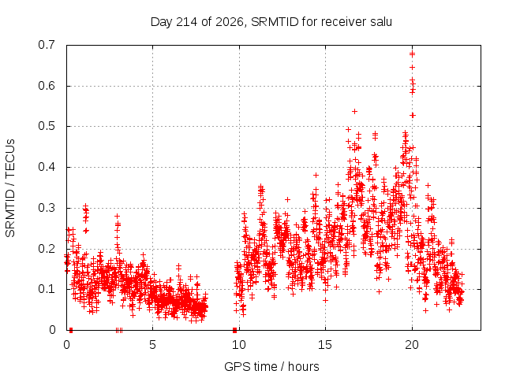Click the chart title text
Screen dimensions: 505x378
pyautogui.click(x=271, y=22)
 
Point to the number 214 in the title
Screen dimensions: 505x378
pyautogui.click(x=187, y=22)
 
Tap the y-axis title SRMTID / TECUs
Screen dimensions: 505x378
pyautogui.click(x=10, y=188)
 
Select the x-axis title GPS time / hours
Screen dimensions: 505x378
pyautogui.click(x=271, y=366)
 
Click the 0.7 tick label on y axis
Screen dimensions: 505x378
pyautogui.click(x=47, y=45)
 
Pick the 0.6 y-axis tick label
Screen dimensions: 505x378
pyautogui.click(x=47, y=86)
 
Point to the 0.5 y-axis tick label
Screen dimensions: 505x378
pyautogui.click(x=47, y=126)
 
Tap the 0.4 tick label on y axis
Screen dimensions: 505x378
pyautogui.click(x=47, y=167)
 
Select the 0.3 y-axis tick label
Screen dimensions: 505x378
pyautogui.click(x=47, y=208)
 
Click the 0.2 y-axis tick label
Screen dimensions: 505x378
pyautogui.click(x=47, y=249)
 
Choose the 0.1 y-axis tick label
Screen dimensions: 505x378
pyautogui.click(x=47, y=289)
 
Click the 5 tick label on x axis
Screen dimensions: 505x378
pyautogui.click(x=152, y=345)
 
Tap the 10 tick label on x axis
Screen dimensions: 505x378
pyautogui.click(x=239, y=345)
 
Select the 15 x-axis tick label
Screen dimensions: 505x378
pyautogui.click(x=325, y=345)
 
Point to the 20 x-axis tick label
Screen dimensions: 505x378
pyautogui.click(x=412, y=345)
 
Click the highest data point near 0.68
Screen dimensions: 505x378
pyautogui.click(x=412, y=54)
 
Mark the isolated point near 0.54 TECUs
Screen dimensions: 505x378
pyautogui.click(x=354, y=112)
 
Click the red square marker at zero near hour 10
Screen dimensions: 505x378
pyautogui.click(x=235, y=330)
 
